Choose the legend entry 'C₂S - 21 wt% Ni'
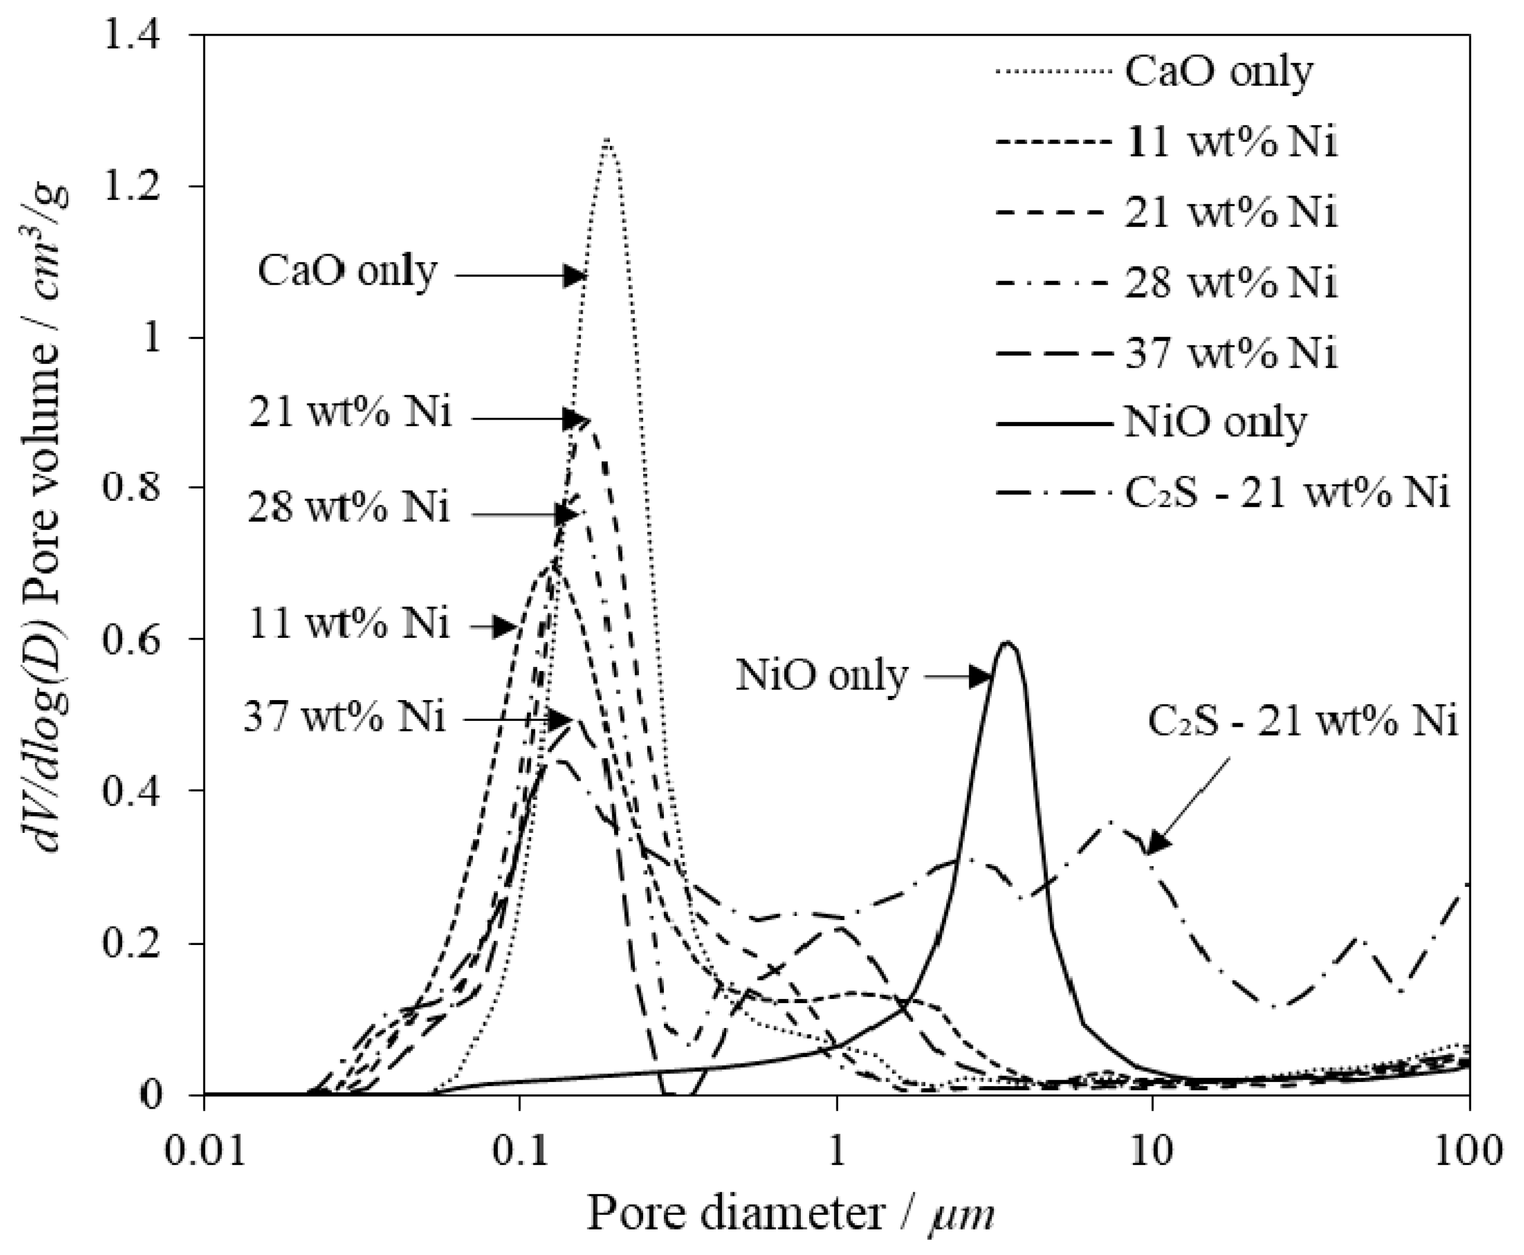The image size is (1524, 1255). (1287, 493)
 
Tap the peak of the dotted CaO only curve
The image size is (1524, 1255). (608, 139)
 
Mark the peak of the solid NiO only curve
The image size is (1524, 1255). (1007, 643)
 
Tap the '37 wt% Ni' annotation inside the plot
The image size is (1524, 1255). (344, 718)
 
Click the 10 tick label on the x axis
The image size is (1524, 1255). (1152, 1150)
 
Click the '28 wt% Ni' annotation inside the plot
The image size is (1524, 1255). (349, 508)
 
